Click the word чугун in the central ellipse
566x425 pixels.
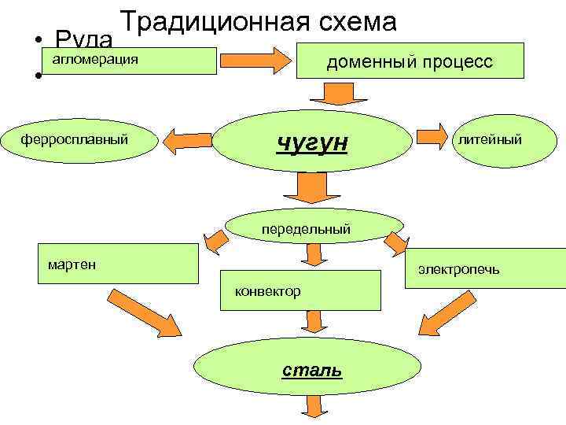click(311, 144)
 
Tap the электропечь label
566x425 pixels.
click(469, 271)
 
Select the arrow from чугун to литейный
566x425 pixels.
click(430, 136)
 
